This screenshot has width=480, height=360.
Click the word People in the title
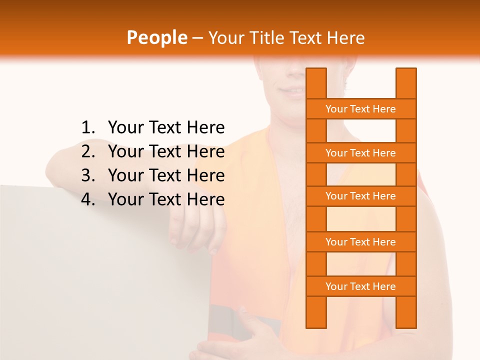(x=157, y=37)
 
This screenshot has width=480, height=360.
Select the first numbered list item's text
(x=166, y=127)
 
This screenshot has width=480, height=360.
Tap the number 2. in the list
(x=88, y=151)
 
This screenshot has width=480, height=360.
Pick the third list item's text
(x=166, y=175)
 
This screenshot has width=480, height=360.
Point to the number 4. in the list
(x=88, y=199)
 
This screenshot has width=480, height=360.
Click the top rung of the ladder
(x=360, y=109)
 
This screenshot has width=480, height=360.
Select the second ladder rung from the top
(x=360, y=153)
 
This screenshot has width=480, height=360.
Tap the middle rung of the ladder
(x=360, y=196)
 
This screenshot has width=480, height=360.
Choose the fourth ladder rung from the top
(x=360, y=242)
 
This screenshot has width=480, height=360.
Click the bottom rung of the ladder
(x=360, y=286)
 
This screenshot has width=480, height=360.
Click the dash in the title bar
(x=197, y=38)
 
